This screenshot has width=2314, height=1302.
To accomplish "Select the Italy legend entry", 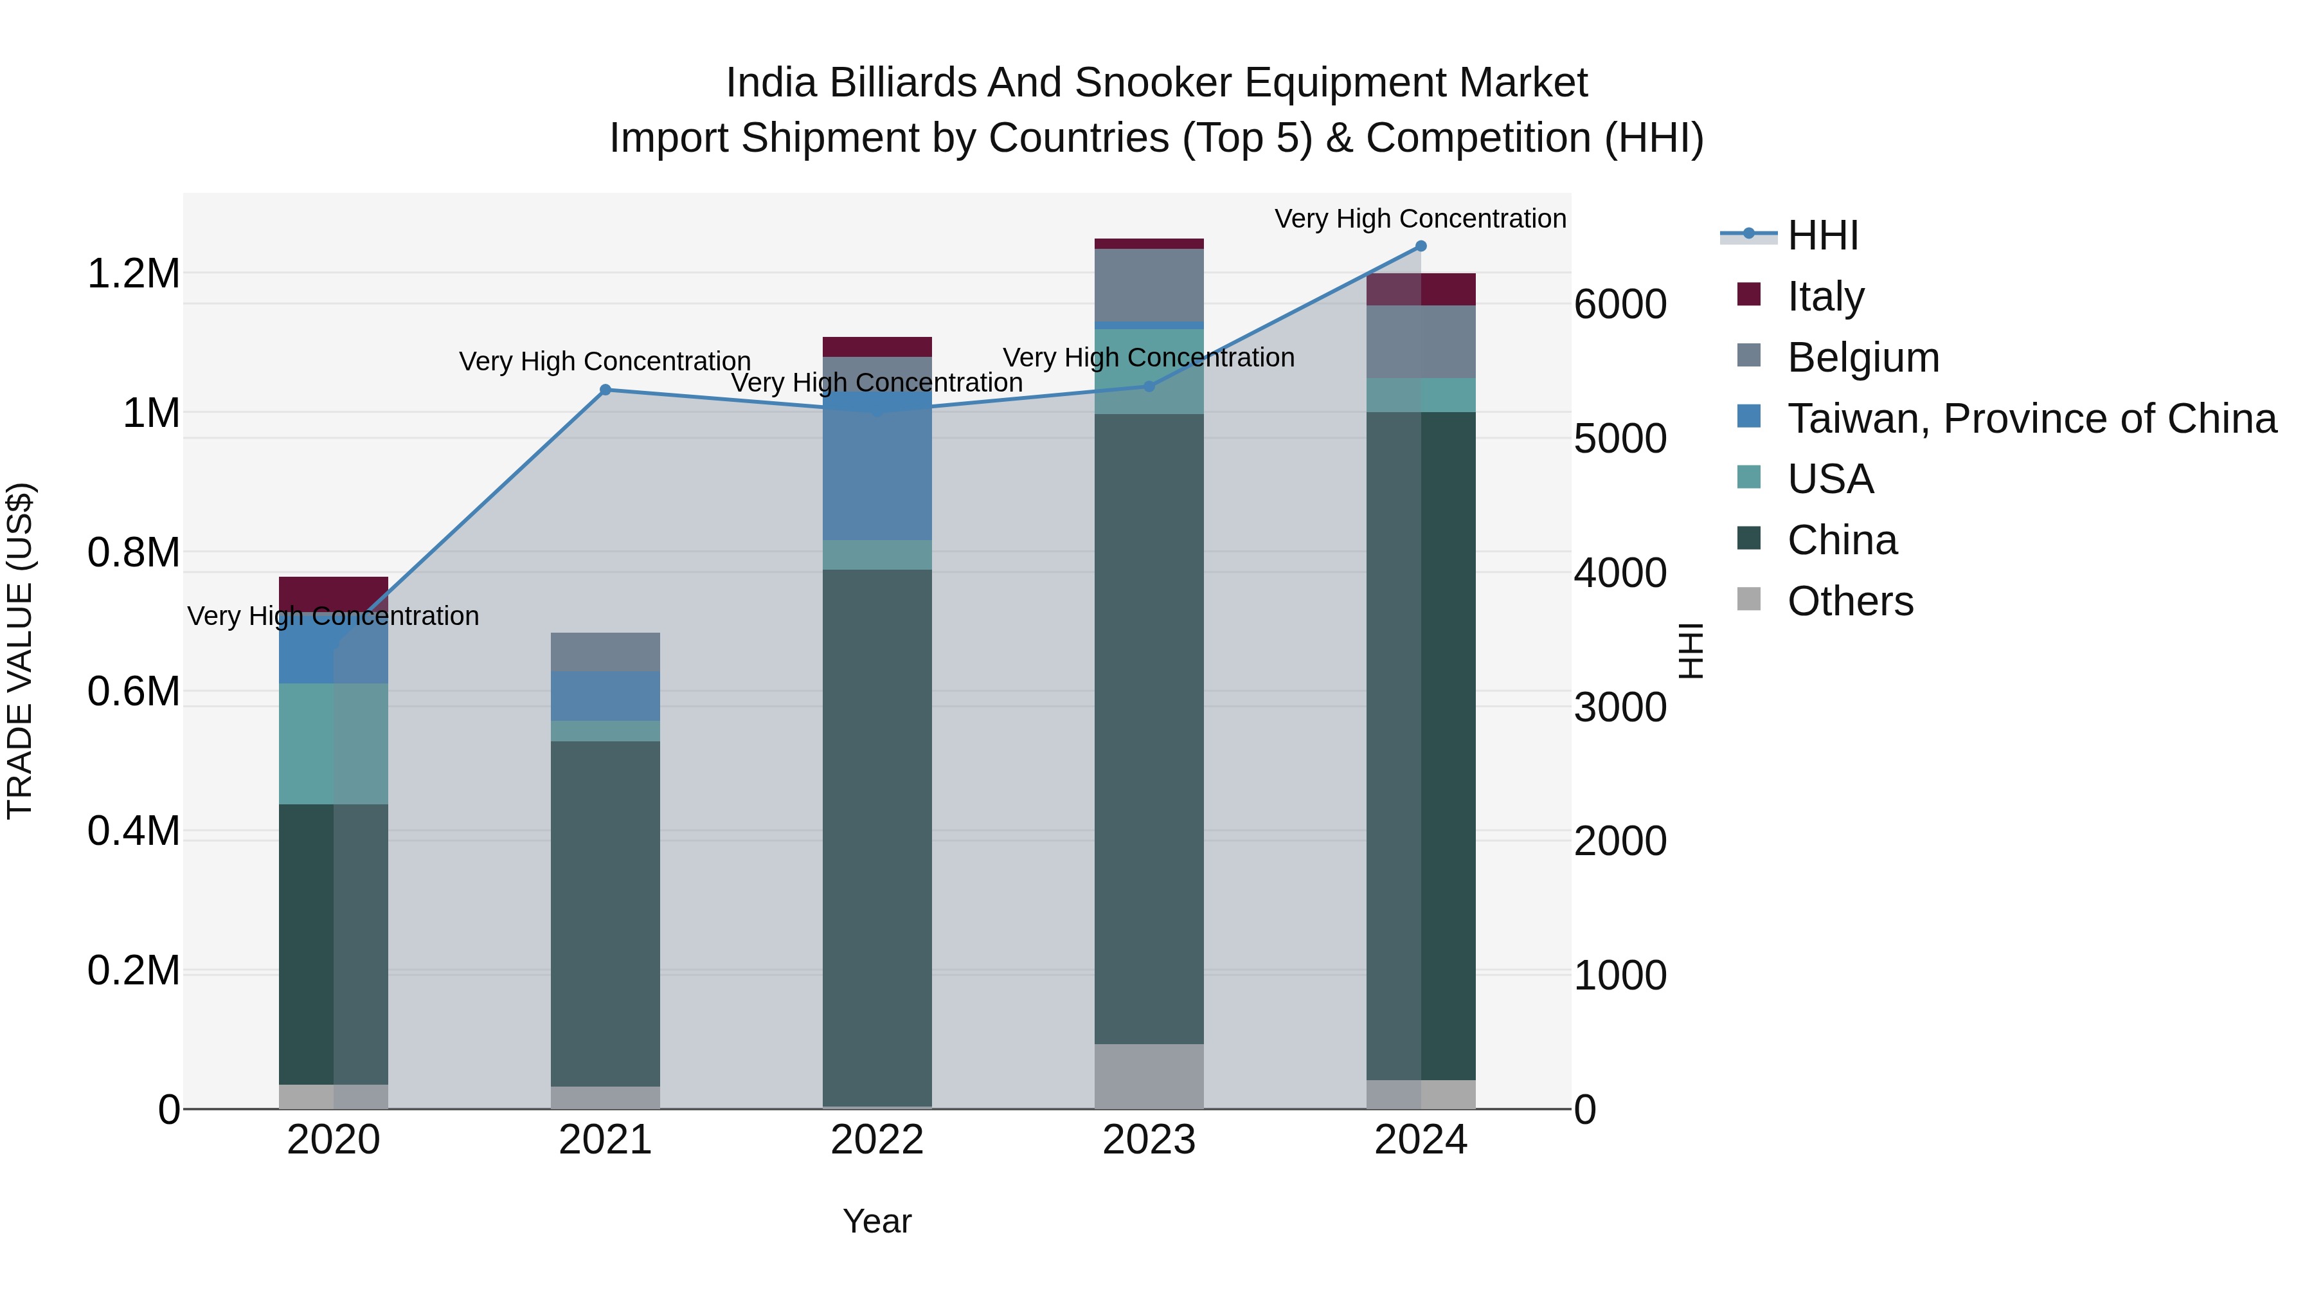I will [1825, 296].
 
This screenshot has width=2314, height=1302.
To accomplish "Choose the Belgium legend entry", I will [1863, 357].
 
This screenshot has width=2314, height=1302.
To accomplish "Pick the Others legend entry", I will [1849, 601].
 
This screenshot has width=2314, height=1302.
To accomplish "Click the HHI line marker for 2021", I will [605, 390].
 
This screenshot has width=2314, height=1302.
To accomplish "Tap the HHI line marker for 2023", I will [1149, 386].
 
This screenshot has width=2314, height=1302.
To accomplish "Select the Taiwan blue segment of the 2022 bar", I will [877, 467].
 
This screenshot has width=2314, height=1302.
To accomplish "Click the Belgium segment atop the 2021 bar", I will [605, 651].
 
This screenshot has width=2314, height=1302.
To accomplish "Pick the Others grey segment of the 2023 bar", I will [1149, 1076].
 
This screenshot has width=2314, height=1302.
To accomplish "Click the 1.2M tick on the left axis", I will [134, 273].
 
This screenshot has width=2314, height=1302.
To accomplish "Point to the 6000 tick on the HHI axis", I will [1620, 305].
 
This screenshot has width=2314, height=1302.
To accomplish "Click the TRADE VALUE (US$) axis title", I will [20, 651].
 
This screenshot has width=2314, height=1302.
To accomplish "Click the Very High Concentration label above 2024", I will [1420, 219].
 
